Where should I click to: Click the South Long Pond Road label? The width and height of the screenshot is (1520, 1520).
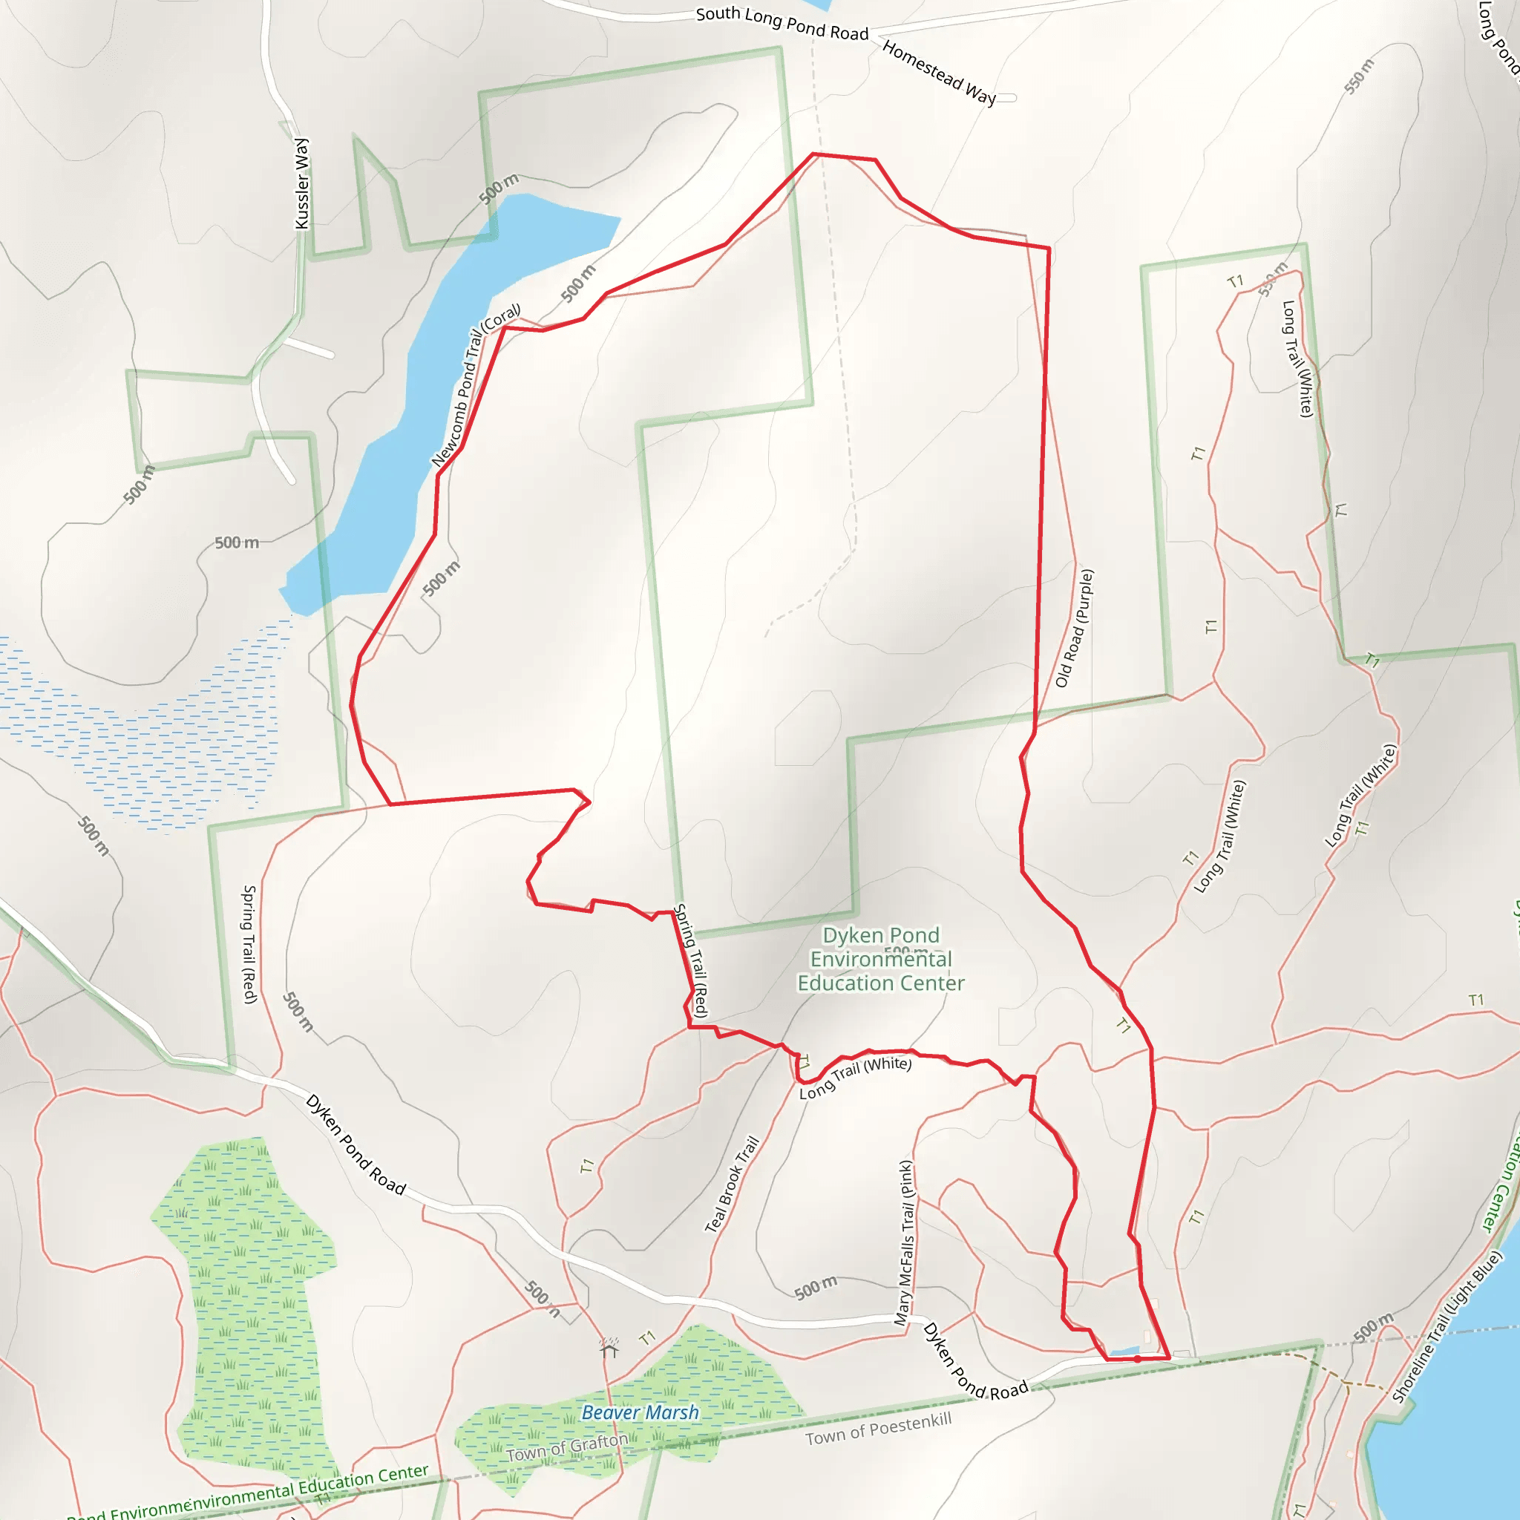[782, 23]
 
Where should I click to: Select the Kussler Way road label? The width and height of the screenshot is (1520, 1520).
[301, 183]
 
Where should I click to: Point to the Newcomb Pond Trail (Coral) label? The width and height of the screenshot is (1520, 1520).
[475, 385]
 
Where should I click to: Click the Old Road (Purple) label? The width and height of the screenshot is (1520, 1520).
[1074, 628]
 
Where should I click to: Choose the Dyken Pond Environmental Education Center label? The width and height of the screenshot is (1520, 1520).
[880, 959]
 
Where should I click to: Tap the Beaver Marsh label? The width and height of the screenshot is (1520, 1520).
[640, 1412]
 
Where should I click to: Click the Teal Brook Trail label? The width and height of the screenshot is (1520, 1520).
[732, 1184]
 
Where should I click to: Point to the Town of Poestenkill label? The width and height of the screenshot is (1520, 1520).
[878, 1428]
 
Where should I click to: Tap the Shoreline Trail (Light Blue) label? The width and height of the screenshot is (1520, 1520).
[1447, 1326]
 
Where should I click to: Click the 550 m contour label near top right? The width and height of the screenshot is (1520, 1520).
[1359, 76]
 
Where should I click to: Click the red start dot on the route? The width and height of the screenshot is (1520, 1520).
[1138, 1359]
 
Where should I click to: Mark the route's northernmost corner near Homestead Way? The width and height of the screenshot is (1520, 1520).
[813, 154]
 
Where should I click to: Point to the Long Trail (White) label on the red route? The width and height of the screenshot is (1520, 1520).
[855, 1077]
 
